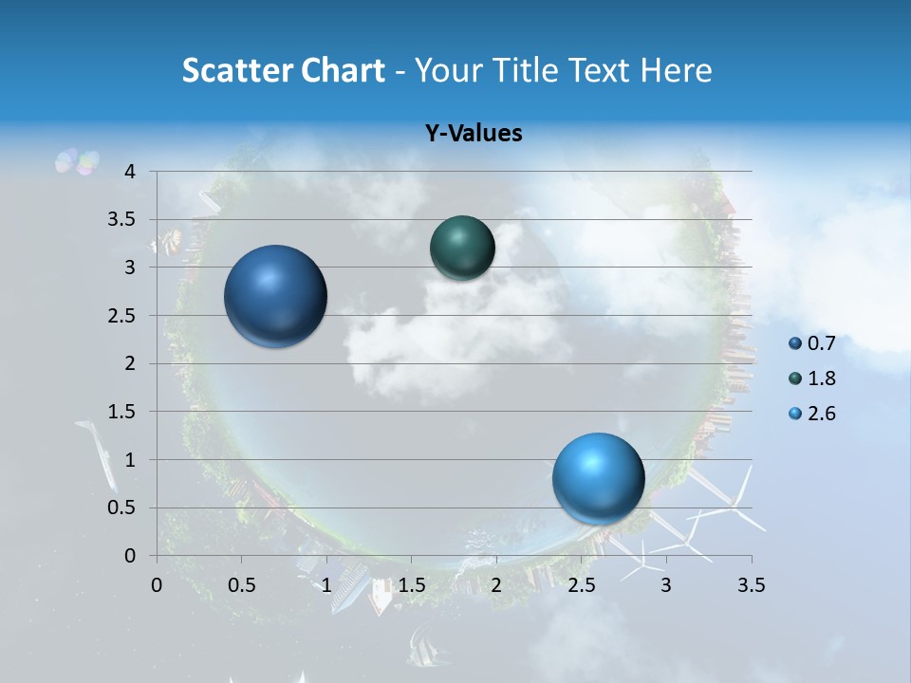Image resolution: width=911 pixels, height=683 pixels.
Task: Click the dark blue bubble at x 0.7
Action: [276, 296]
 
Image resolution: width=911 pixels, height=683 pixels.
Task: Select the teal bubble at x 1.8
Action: [462, 248]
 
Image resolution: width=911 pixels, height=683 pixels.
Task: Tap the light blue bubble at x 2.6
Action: [598, 478]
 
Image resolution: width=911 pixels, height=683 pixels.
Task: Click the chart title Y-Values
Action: [474, 134]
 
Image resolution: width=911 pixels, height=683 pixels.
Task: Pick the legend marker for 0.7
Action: [795, 343]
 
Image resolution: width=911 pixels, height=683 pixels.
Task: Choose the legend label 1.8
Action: [822, 378]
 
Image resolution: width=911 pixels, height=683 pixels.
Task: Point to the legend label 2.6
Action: [822, 414]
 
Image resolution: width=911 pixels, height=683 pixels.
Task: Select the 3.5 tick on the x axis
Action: [751, 585]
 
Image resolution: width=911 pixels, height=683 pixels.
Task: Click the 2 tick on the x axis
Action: [496, 585]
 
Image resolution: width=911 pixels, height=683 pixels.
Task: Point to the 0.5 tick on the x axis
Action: [242, 585]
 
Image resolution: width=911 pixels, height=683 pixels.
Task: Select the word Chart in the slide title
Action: [343, 70]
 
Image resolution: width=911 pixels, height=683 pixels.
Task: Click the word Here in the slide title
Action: [675, 70]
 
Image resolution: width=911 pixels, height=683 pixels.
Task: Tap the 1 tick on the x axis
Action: [326, 585]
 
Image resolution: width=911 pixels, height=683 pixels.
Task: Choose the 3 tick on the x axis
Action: [666, 585]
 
